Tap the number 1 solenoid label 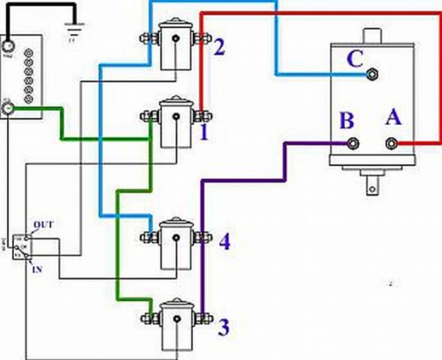point(204,131)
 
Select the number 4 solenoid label point(224,242)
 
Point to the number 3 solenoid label point(223,328)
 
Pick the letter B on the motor point(347,121)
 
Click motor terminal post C point(372,74)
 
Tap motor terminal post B point(354,143)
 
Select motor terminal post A point(392,143)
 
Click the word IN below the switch point(37,270)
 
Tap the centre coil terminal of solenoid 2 point(175,40)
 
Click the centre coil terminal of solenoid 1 point(175,116)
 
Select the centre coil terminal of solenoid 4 point(175,238)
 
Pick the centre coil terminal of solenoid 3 point(177,318)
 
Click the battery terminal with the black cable point(8,46)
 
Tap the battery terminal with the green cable point(8,109)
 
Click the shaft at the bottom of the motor point(372,184)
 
